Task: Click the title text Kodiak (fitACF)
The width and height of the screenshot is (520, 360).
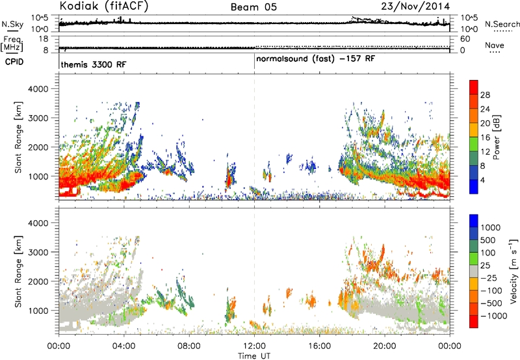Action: click(x=104, y=6)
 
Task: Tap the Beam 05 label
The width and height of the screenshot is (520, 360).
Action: click(x=253, y=7)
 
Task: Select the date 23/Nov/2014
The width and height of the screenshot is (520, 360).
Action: click(x=415, y=6)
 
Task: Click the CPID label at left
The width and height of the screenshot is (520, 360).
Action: click(x=14, y=62)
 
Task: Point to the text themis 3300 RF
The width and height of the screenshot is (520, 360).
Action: click(x=94, y=64)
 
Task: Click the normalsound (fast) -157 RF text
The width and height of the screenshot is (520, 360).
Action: click(x=315, y=59)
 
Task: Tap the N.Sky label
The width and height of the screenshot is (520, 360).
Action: click(x=12, y=25)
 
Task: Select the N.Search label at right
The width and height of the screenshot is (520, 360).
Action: click(x=502, y=24)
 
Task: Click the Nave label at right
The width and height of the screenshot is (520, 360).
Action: click(x=494, y=45)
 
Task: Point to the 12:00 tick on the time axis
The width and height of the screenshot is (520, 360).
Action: click(x=254, y=346)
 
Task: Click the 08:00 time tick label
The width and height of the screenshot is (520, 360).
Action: click(x=189, y=346)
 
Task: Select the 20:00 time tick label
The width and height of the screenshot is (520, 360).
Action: click(x=385, y=346)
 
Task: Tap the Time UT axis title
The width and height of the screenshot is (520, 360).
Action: click(x=254, y=355)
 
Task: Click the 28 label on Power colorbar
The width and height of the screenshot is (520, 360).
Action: click(x=485, y=95)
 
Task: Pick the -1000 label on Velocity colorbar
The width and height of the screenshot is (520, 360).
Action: click(x=494, y=316)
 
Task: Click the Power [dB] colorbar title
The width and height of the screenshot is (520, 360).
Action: click(x=496, y=137)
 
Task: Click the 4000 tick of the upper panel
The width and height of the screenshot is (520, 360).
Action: click(x=38, y=89)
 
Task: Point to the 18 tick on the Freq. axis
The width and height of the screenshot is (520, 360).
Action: click(x=44, y=39)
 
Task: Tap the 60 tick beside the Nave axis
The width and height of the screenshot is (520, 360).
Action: click(x=465, y=39)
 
